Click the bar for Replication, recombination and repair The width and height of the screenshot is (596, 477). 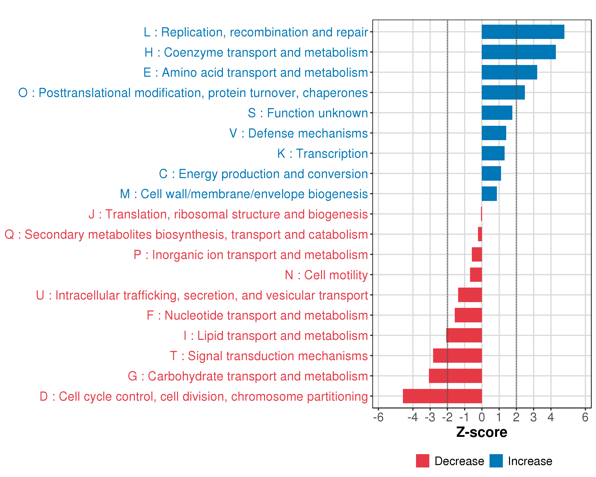tap(523, 32)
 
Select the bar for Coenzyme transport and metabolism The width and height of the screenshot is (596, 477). tap(519, 52)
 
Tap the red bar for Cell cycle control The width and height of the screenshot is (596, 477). tap(442, 396)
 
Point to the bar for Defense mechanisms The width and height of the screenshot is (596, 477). tap(494, 133)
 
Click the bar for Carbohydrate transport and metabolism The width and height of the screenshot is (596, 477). tap(455, 376)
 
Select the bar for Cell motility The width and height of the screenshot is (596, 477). tap(476, 275)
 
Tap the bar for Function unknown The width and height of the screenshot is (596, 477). tap(497, 113)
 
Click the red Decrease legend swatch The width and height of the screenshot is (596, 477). tap(422, 461)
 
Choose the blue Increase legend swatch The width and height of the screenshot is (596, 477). tap(496, 461)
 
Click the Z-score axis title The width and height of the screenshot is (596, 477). tap(482, 432)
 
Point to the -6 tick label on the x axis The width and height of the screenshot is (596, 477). tap(378, 417)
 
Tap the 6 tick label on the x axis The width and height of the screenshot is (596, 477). tap(585, 417)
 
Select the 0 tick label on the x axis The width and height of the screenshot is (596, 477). tap(482, 417)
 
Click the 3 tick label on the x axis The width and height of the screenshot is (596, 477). tap(533, 417)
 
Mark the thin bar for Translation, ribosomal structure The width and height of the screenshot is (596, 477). tap(481, 214)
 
